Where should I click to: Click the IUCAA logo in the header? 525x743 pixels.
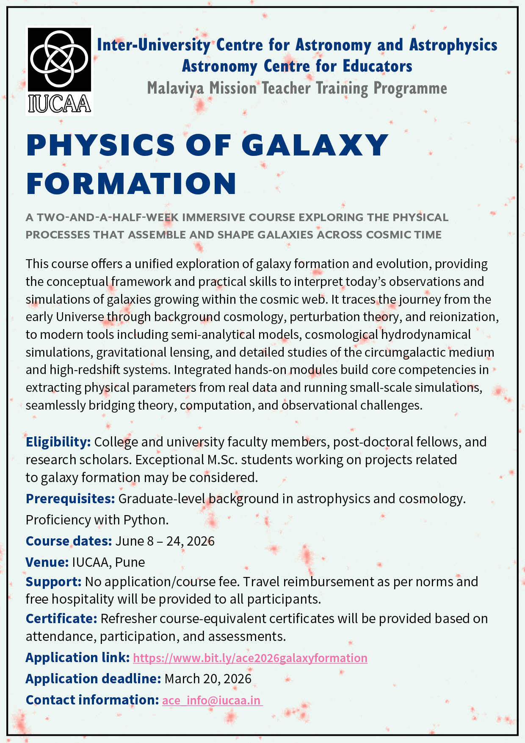pyautogui.click(x=60, y=71)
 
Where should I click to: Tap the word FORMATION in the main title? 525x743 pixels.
pyautogui.click(x=131, y=183)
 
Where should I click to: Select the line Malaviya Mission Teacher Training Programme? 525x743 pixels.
pyautogui.click(x=297, y=89)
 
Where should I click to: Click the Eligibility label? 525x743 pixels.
pyautogui.click(x=58, y=442)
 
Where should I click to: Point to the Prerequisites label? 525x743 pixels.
pyautogui.click(x=70, y=499)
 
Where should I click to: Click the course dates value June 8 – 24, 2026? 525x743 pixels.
pyautogui.click(x=165, y=541)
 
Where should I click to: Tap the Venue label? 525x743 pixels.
pyautogui.click(x=47, y=562)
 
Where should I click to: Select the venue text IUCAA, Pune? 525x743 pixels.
pyautogui.click(x=108, y=562)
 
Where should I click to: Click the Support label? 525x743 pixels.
pyautogui.click(x=53, y=582)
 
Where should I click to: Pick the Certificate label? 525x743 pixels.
pyautogui.click(x=61, y=618)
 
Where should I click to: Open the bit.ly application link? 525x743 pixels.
pyautogui.click(x=250, y=658)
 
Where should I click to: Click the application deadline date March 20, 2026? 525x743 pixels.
pyautogui.click(x=208, y=679)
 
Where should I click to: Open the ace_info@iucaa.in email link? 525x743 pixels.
pyautogui.click(x=212, y=700)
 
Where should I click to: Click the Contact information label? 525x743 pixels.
pyautogui.click(x=92, y=700)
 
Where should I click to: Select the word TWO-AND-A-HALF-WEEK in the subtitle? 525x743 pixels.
pyautogui.click(x=108, y=217)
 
